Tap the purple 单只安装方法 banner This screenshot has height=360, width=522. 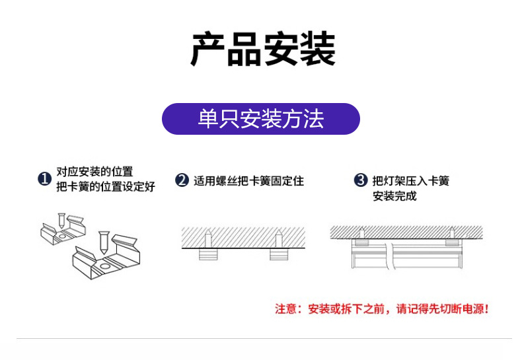(x=261, y=119)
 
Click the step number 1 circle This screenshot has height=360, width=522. (x=44, y=179)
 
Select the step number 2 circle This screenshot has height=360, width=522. (x=182, y=180)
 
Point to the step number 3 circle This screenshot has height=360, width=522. (x=361, y=180)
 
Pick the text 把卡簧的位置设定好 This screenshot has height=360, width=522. (x=106, y=187)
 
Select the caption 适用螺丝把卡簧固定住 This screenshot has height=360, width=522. (x=248, y=180)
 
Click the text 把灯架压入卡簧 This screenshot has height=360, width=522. (x=410, y=180)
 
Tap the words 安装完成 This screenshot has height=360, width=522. (x=394, y=196)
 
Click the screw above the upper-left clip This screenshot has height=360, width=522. (x=61, y=219)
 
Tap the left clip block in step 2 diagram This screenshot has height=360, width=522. (x=209, y=255)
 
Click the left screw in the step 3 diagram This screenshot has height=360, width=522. (x=362, y=231)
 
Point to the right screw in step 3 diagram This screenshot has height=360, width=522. (x=451, y=231)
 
